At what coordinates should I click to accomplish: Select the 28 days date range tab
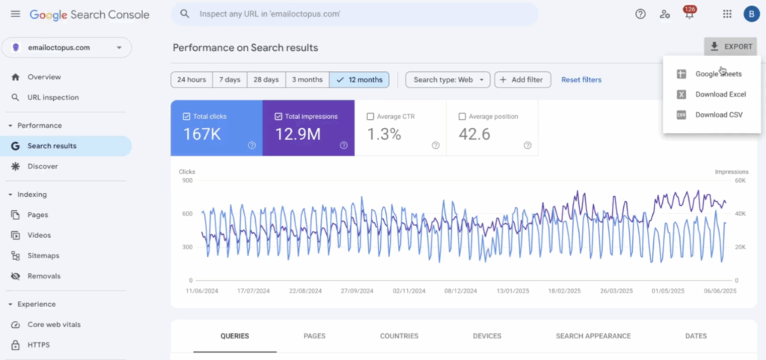coord(266,79)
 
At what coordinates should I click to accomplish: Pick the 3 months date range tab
coord(307,79)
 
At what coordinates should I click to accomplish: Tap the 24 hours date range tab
coord(191,79)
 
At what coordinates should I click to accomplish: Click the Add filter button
coord(523,79)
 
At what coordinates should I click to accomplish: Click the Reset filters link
coord(581,79)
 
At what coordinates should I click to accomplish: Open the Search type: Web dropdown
coord(448,79)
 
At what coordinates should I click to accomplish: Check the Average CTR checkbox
coord(370,117)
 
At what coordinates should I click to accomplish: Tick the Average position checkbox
coord(462,117)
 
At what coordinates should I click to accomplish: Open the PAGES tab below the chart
coord(315,336)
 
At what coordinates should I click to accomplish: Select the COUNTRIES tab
coord(399,336)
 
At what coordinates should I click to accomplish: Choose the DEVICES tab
coord(487,336)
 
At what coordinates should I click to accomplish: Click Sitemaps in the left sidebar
coord(43,255)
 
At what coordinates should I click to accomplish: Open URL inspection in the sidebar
coord(53,97)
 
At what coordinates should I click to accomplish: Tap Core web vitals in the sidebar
coord(54,324)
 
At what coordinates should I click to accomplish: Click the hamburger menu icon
coord(16,14)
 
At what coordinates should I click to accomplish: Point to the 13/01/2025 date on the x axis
coord(513,290)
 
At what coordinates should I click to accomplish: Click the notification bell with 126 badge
coord(689,13)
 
